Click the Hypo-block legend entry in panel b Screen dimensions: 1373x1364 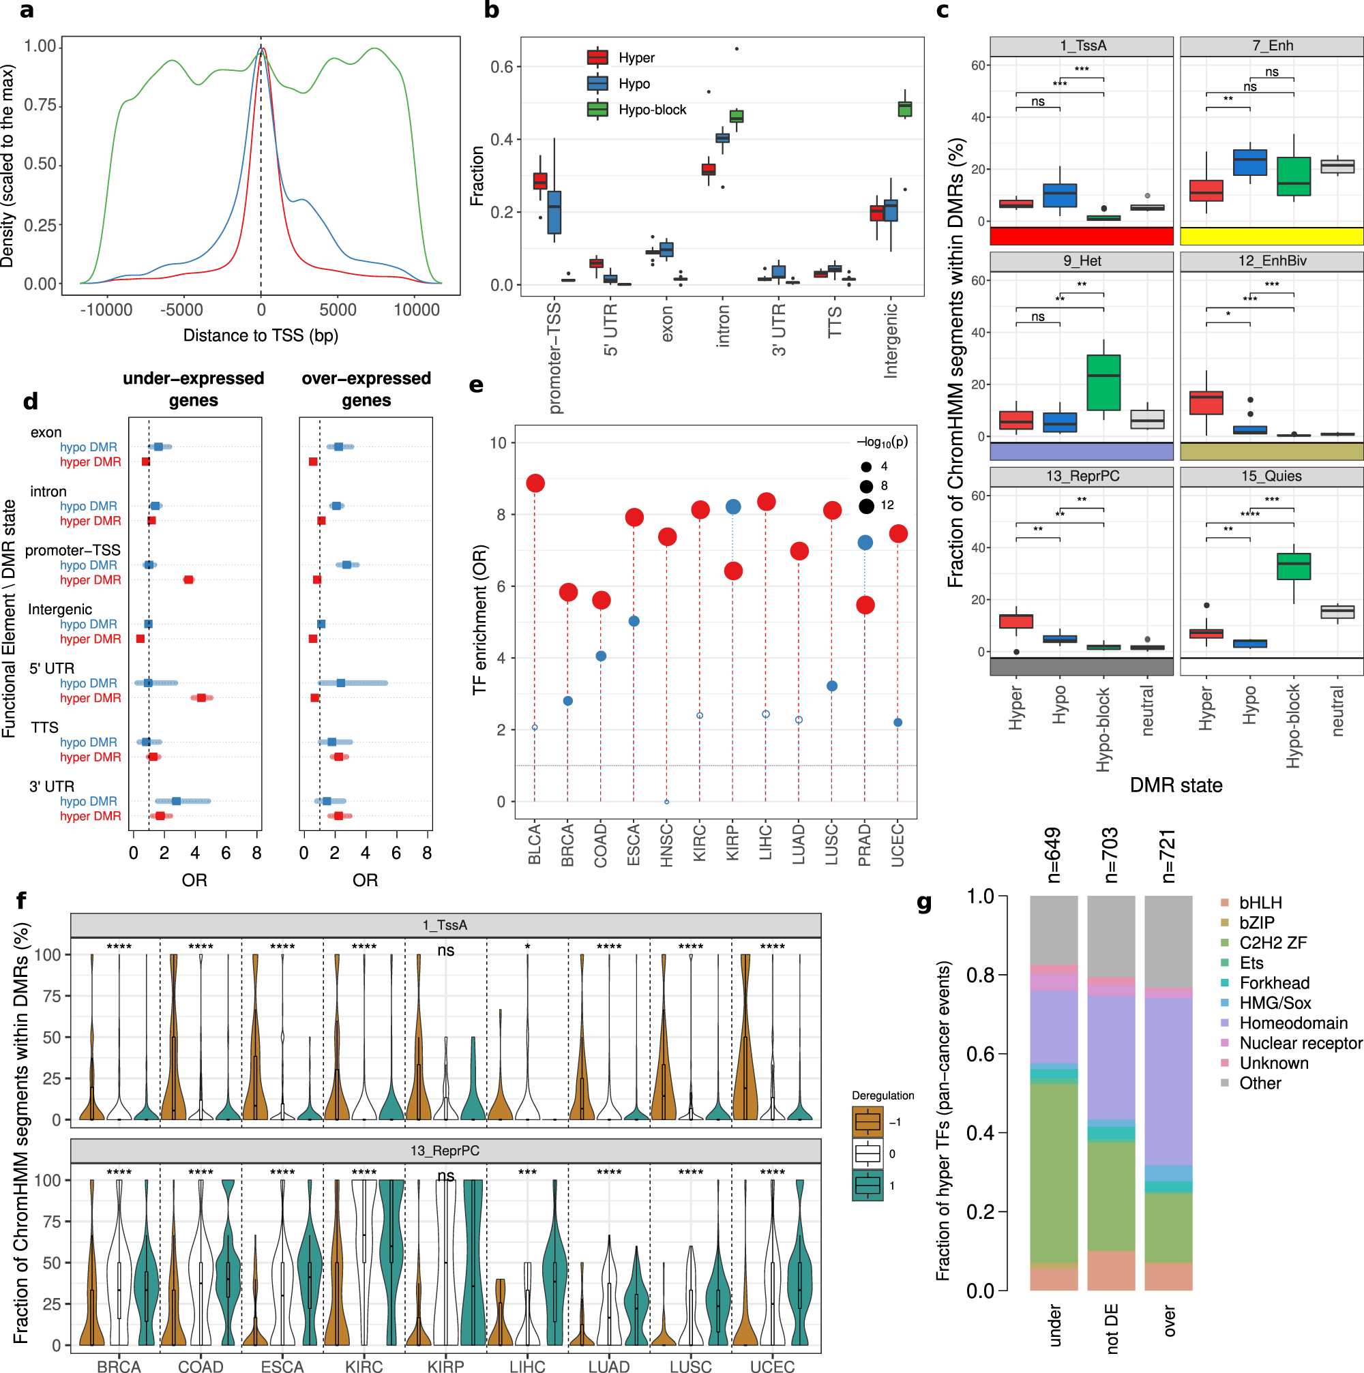(651, 110)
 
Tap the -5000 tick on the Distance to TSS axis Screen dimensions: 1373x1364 (182, 310)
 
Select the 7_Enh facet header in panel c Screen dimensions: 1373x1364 (1272, 46)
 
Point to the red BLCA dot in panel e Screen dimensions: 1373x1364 (535, 483)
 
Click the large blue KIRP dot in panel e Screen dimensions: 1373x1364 (733, 507)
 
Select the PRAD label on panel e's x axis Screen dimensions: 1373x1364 (864, 844)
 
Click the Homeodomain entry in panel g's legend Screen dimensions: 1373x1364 (1293, 1023)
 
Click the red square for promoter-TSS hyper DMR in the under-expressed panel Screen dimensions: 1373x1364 (188, 580)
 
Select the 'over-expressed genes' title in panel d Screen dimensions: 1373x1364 (366, 389)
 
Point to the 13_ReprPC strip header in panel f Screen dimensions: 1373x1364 (445, 1151)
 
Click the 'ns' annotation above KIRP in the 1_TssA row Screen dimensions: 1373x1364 (445, 951)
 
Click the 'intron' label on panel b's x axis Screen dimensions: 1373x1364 (723, 325)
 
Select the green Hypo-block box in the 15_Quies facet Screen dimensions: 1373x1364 (1293, 567)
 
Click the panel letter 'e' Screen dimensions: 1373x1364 (476, 385)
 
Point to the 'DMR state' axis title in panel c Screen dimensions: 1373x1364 (1176, 785)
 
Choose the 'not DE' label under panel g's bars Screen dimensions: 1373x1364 (1112, 1328)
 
